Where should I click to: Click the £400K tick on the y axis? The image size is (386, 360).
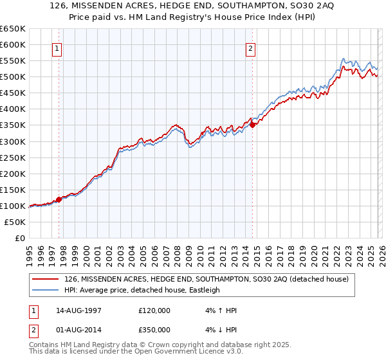(x=13, y=109)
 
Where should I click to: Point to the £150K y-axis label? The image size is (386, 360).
(x=13, y=190)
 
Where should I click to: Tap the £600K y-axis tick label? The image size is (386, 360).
(x=13, y=44)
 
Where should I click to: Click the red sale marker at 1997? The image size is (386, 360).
(x=59, y=199)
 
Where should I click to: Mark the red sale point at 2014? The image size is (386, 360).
(x=252, y=125)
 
